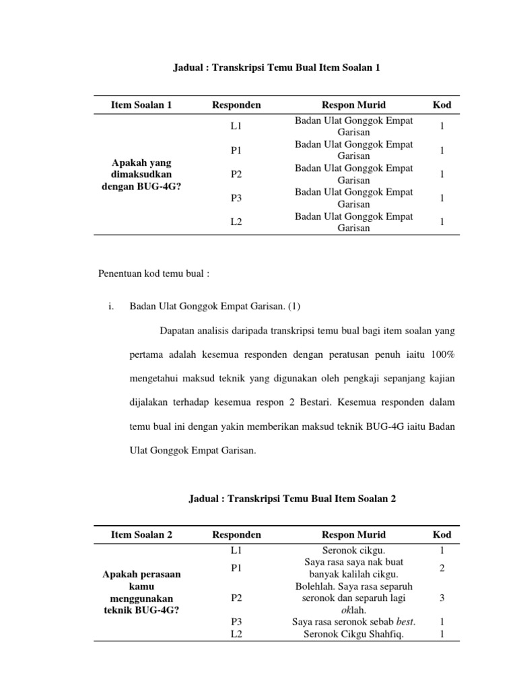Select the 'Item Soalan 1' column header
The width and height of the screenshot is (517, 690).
coord(142,105)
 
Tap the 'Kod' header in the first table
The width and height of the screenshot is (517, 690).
coord(442,105)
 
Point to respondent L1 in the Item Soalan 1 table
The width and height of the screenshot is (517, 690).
coord(236,126)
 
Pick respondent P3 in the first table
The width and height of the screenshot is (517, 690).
coord(236,198)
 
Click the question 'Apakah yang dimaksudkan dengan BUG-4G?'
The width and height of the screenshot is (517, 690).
coord(142,175)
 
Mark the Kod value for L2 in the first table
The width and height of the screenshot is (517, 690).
coord(442,222)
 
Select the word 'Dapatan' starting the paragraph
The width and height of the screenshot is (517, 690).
coord(176,330)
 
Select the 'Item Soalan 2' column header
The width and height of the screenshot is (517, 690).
coord(142,534)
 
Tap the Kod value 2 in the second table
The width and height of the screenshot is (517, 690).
coord(442,568)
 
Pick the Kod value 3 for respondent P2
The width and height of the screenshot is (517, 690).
coord(442,598)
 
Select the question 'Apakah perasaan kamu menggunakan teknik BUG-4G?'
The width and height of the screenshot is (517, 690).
coord(142,592)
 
